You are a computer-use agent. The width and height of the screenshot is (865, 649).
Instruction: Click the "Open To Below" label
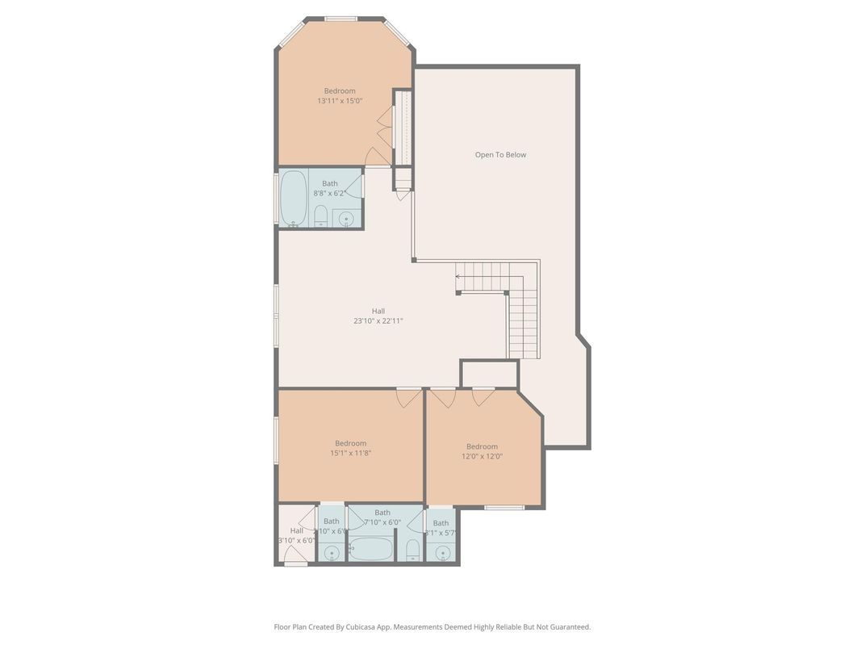(500, 155)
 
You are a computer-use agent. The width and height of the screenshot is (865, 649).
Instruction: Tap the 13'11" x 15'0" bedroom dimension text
(340, 101)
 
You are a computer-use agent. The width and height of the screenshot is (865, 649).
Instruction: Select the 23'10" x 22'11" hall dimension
(378, 320)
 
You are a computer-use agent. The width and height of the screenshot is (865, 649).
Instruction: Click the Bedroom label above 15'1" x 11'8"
(350, 443)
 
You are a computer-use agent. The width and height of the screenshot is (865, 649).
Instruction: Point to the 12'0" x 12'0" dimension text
(482, 456)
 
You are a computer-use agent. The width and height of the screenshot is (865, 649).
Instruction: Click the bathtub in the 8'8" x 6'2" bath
(294, 199)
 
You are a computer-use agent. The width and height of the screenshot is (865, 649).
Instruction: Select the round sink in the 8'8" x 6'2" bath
(346, 217)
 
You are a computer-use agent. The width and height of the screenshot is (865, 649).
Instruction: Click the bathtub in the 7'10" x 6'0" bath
(371, 550)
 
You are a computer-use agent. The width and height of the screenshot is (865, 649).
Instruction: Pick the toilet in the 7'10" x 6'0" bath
(412, 551)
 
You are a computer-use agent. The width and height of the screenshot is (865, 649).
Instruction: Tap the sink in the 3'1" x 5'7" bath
(441, 553)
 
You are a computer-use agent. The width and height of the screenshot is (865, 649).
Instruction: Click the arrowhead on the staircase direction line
(458, 277)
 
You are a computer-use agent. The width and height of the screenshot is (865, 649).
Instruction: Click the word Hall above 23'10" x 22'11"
(378, 311)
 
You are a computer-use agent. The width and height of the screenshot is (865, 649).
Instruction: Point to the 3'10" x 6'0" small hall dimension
(296, 540)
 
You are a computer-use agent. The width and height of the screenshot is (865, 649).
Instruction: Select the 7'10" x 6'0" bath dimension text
(382, 522)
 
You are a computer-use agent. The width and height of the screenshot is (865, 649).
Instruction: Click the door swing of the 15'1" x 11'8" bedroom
(409, 397)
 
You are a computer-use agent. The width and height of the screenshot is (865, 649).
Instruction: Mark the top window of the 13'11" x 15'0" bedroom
(341, 18)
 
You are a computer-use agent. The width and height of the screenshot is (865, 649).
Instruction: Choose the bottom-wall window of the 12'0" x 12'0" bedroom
(504, 507)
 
